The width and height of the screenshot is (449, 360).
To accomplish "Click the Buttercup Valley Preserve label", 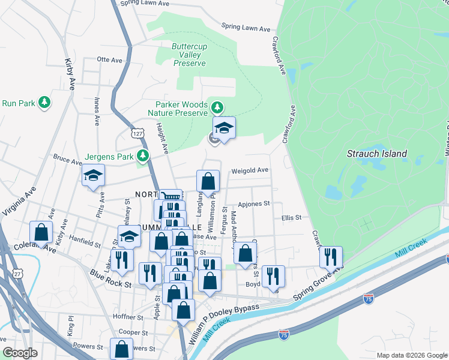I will tap(190, 55).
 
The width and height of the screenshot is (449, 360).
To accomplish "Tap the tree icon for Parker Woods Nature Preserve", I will tap(217, 108).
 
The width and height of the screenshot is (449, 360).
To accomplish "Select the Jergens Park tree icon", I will tap(142, 156).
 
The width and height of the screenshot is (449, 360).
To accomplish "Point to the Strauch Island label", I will tap(377, 154).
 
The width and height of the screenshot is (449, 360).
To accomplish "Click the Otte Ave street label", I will tap(109, 59).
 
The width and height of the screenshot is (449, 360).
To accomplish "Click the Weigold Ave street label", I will tap(250, 170).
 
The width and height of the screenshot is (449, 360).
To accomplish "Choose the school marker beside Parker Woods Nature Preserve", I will tap(224, 128).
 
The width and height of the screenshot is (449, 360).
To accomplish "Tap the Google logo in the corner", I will tap(21, 353).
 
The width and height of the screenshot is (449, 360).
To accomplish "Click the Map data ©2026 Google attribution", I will tap(411, 355).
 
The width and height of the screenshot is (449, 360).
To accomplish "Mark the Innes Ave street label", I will tap(96, 112).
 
